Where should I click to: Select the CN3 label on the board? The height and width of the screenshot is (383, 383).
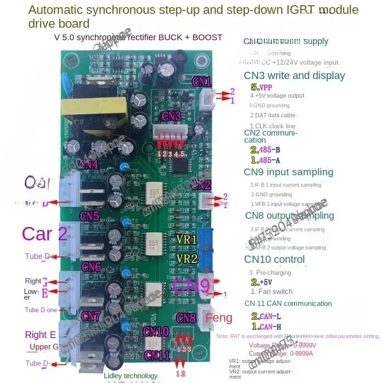pos(171,116)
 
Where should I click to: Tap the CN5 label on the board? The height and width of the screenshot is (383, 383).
pos(90,215)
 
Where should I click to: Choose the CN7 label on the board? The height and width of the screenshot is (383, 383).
pos(91,316)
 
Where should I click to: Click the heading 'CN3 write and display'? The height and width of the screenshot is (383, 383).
pos(294,75)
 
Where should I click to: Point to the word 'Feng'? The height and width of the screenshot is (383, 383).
pos(219,317)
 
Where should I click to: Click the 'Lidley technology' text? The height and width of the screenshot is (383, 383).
pos(130,376)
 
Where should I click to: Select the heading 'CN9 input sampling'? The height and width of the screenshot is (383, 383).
pos(288,172)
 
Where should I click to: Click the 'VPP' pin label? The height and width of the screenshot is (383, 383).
pos(265,87)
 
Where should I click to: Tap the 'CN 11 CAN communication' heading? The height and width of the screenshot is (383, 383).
pos(288,304)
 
